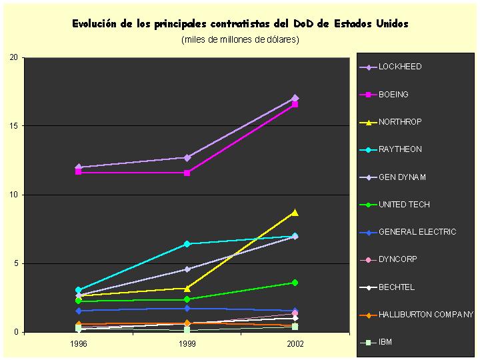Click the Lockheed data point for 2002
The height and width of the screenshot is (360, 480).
click(x=295, y=98)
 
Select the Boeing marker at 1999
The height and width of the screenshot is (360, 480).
click(x=187, y=173)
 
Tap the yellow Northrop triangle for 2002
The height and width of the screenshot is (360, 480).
click(x=295, y=213)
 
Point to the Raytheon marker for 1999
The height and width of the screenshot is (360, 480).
click(x=187, y=244)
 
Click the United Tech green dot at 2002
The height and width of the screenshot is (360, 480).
click(x=295, y=283)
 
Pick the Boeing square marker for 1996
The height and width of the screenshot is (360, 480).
click(x=79, y=172)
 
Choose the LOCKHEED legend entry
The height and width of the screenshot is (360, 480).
click(x=400, y=67)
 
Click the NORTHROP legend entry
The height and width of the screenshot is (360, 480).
click(x=400, y=122)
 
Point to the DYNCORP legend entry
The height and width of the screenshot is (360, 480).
click(x=396, y=259)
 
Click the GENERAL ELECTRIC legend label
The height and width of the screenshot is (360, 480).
click(x=417, y=232)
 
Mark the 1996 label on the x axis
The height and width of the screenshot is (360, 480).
click(x=79, y=345)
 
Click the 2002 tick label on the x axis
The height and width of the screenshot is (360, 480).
click(x=295, y=345)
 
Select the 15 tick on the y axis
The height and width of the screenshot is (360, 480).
click(x=13, y=126)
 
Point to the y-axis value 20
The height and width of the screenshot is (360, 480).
click(x=13, y=57)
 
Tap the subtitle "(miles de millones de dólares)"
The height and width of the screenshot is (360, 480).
click(x=240, y=40)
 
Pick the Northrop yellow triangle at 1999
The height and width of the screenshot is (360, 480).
click(x=187, y=288)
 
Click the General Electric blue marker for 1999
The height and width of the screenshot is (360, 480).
click(x=187, y=309)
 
